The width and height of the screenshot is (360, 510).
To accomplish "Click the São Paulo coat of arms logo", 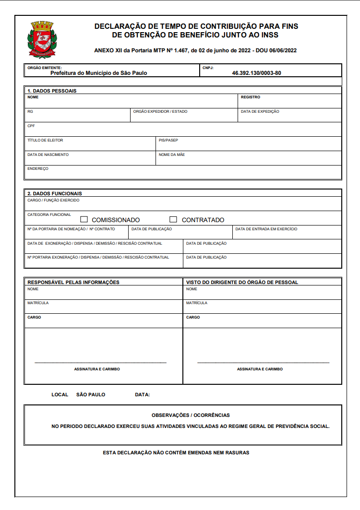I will pos(42,39).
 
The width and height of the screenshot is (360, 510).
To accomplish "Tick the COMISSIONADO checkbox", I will pos(84,219).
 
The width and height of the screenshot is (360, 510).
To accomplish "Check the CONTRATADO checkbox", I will pos(173,219).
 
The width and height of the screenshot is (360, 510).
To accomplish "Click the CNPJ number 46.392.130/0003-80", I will pos(256,73).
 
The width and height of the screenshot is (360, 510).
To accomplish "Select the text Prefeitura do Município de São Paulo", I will pos(98,73).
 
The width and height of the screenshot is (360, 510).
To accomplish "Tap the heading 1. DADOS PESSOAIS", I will pos(52,91).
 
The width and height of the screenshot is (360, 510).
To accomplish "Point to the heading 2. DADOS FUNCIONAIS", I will pos(54,193).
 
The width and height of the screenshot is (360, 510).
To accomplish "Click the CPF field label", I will pos(31,126).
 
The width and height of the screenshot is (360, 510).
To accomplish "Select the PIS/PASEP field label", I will pos(168,140).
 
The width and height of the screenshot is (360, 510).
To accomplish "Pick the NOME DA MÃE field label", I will pos(172,154).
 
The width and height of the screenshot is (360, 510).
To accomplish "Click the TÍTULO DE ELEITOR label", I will pos(45,140).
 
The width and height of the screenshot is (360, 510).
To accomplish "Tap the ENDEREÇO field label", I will pos(38,168).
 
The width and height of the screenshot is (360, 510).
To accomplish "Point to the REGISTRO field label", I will pos(251,97).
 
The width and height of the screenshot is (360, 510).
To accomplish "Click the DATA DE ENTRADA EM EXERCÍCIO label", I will pos(266,229).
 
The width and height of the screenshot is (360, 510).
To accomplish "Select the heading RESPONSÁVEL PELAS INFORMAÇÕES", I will pos(73,282).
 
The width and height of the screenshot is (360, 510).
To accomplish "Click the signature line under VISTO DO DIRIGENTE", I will pos(263,362).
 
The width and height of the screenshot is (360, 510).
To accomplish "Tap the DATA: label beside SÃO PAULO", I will pos(143,394).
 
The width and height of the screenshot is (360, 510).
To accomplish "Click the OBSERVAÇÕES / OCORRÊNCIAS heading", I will pos(191,415).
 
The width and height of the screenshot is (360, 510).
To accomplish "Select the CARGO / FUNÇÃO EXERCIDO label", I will pos(53,200).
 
